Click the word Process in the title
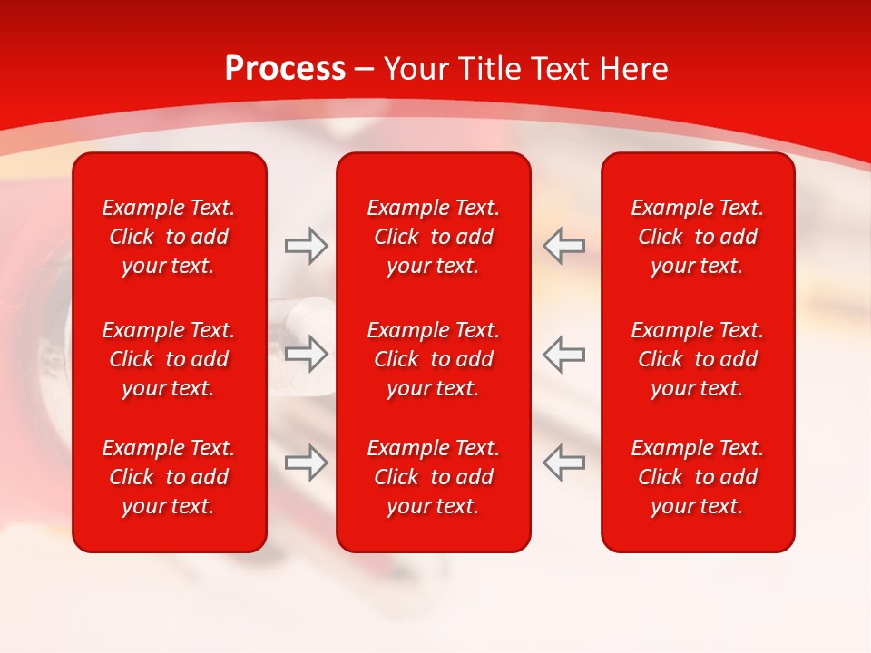(285, 69)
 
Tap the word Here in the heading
(634, 69)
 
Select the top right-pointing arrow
(307, 246)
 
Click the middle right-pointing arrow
(307, 354)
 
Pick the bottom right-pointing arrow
(307, 463)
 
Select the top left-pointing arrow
(563, 246)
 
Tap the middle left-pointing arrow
(563, 354)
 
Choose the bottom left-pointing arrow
(563, 463)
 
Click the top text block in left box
(169, 237)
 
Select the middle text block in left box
(169, 359)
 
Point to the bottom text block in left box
(169, 477)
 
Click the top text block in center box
(434, 237)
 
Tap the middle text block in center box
(434, 359)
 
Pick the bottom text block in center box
(434, 477)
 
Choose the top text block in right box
(698, 237)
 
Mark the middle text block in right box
(698, 359)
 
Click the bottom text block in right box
(698, 477)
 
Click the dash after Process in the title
(364, 70)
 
